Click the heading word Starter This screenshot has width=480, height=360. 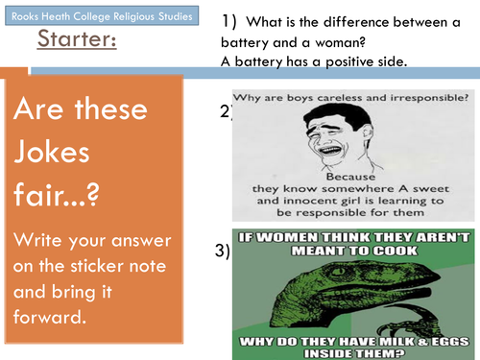click(x=77, y=38)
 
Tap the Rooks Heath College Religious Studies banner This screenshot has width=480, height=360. click(x=102, y=15)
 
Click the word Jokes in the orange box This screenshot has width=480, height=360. click(x=52, y=153)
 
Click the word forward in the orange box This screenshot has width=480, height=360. click(x=50, y=316)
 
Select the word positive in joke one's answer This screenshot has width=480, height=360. click(x=349, y=62)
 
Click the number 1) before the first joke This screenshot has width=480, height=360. click(x=229, y=22)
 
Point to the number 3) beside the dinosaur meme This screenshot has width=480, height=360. click(x=223, y=251)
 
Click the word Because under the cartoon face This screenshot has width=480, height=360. click(x=350, y=177)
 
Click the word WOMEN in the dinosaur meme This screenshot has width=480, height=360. click(x=287, y=237)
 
